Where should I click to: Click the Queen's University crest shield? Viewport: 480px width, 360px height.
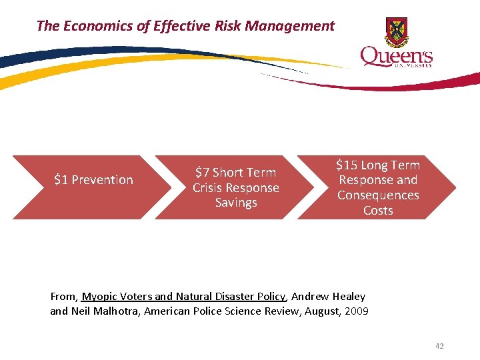click(397, 31)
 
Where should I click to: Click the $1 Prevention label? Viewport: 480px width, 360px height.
click(93, 180)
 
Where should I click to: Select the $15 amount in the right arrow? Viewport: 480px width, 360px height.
click(347, 165)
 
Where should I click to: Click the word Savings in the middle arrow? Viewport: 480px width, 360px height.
click(236, 203)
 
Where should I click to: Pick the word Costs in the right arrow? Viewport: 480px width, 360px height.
click(378, 211)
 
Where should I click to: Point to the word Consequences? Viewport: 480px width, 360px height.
click(378, 195)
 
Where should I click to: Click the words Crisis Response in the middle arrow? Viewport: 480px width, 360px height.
click(236, 188)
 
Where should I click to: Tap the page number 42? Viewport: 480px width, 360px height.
click(439, 346)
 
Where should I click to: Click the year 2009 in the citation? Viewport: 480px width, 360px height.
click(357, 311)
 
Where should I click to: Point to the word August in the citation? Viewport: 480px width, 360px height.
click(323, 311)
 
